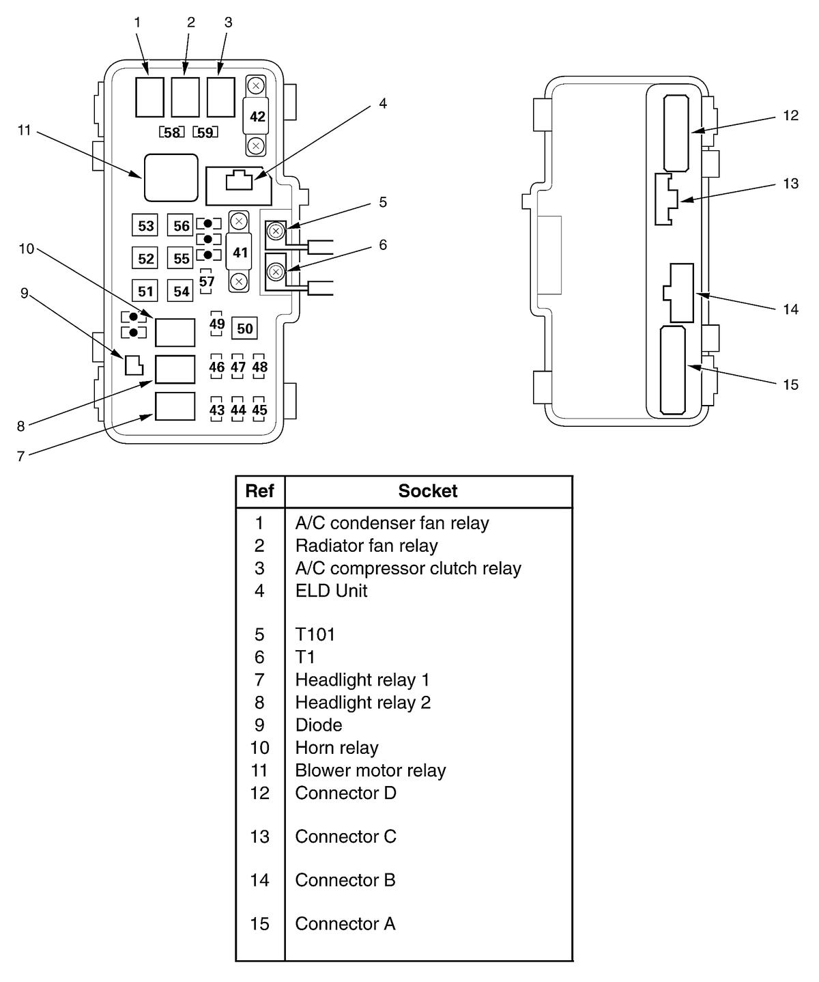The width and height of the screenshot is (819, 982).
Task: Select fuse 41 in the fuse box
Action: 240,252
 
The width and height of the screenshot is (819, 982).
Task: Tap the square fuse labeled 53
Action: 145,226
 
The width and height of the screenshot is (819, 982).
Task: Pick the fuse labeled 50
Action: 244,328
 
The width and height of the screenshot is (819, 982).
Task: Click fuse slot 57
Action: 206,281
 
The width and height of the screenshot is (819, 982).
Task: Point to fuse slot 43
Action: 216,410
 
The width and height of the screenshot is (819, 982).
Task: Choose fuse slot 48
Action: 259,366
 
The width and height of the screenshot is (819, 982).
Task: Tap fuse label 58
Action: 171,132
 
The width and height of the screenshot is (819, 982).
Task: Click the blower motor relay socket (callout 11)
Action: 171,178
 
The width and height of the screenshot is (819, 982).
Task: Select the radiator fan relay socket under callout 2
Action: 185,98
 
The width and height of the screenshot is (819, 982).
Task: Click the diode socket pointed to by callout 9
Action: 134,365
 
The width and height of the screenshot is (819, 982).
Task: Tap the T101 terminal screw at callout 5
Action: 276,231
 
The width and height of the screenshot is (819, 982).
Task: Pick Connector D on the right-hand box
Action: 676,133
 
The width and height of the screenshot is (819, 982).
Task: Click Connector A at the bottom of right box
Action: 673,371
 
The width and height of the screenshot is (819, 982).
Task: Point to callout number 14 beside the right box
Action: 790,309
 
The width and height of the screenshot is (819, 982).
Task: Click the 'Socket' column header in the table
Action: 427,491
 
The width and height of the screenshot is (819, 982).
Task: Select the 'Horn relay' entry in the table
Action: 336,748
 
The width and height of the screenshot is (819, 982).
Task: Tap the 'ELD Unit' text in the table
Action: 331,591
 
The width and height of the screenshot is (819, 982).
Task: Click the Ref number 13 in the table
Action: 259,837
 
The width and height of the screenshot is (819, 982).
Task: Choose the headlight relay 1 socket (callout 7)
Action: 175,406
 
